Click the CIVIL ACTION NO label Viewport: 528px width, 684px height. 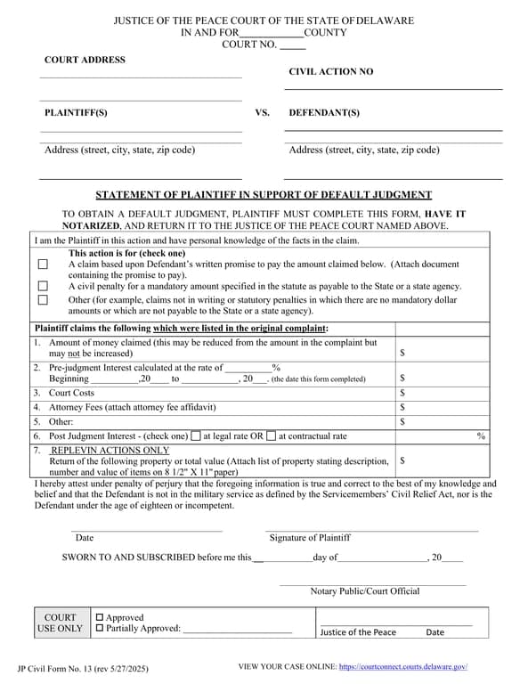click(331, 71)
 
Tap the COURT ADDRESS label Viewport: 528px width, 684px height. click(85, 60)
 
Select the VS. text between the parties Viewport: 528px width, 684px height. click(262, 113)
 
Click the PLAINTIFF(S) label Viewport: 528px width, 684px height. click(76, 113)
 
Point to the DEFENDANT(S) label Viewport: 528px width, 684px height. click(324, 113)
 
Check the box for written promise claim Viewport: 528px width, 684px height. click(43, 265)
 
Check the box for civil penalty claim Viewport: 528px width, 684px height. click(43, 287)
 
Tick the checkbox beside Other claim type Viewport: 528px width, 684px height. click(43, 301)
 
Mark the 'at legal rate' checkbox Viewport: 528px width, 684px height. click(196, 436)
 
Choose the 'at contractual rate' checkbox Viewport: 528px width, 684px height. click(272, 436)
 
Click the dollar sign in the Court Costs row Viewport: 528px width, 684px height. click(403, 393)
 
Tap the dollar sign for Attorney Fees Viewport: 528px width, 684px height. click(403, 407)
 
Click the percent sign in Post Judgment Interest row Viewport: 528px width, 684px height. click(481, 436)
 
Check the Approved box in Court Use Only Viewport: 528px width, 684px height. click(100, 617)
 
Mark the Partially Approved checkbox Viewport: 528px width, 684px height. click(100, 629)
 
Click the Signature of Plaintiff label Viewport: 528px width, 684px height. click(310, 538)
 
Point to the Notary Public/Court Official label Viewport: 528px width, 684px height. click(365, 591)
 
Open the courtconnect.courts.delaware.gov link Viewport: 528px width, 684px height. click(403, 667)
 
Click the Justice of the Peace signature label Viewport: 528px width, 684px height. click(358, 632)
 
